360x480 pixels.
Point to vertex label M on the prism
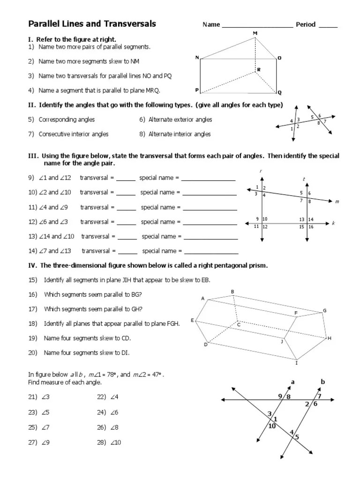click(x=255, y=33)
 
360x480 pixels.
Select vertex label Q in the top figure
click(x=280, y=93)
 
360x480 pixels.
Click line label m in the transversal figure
click(x=337, y=202)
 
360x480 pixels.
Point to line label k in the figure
click(x=333, y=224)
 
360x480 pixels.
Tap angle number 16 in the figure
click(x=311, y=227)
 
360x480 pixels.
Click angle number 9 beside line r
click(x=257, y=219)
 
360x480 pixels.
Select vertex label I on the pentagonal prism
click(x=296, y=362)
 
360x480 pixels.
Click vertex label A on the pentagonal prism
click(x=203, y=299)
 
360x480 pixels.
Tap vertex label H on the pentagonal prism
click(x=329, y=338)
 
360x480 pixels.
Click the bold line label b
click(x=322, y=382)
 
